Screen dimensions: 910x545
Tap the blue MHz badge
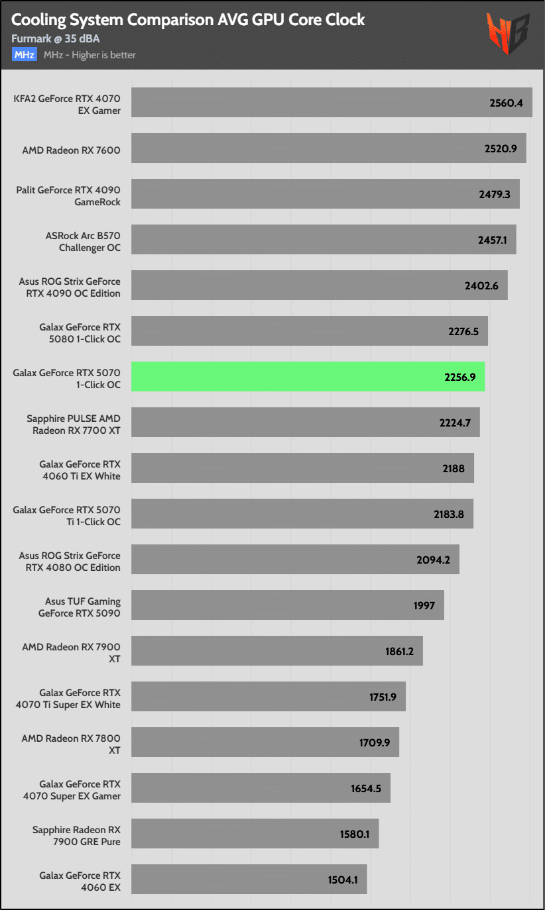point(25,55)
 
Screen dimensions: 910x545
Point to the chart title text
point(188,20)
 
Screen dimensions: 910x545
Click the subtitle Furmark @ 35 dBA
point(55,39)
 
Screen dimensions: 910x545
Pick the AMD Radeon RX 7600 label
point(72,150)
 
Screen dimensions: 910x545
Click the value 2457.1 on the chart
point(492,240)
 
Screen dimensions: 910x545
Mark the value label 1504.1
point(343,880)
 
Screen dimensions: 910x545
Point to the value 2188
point(454,468)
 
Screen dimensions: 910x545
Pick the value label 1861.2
point(399,651)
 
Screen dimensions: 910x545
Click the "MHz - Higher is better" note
point(90,55)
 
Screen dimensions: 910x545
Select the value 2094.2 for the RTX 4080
point(434,560)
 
